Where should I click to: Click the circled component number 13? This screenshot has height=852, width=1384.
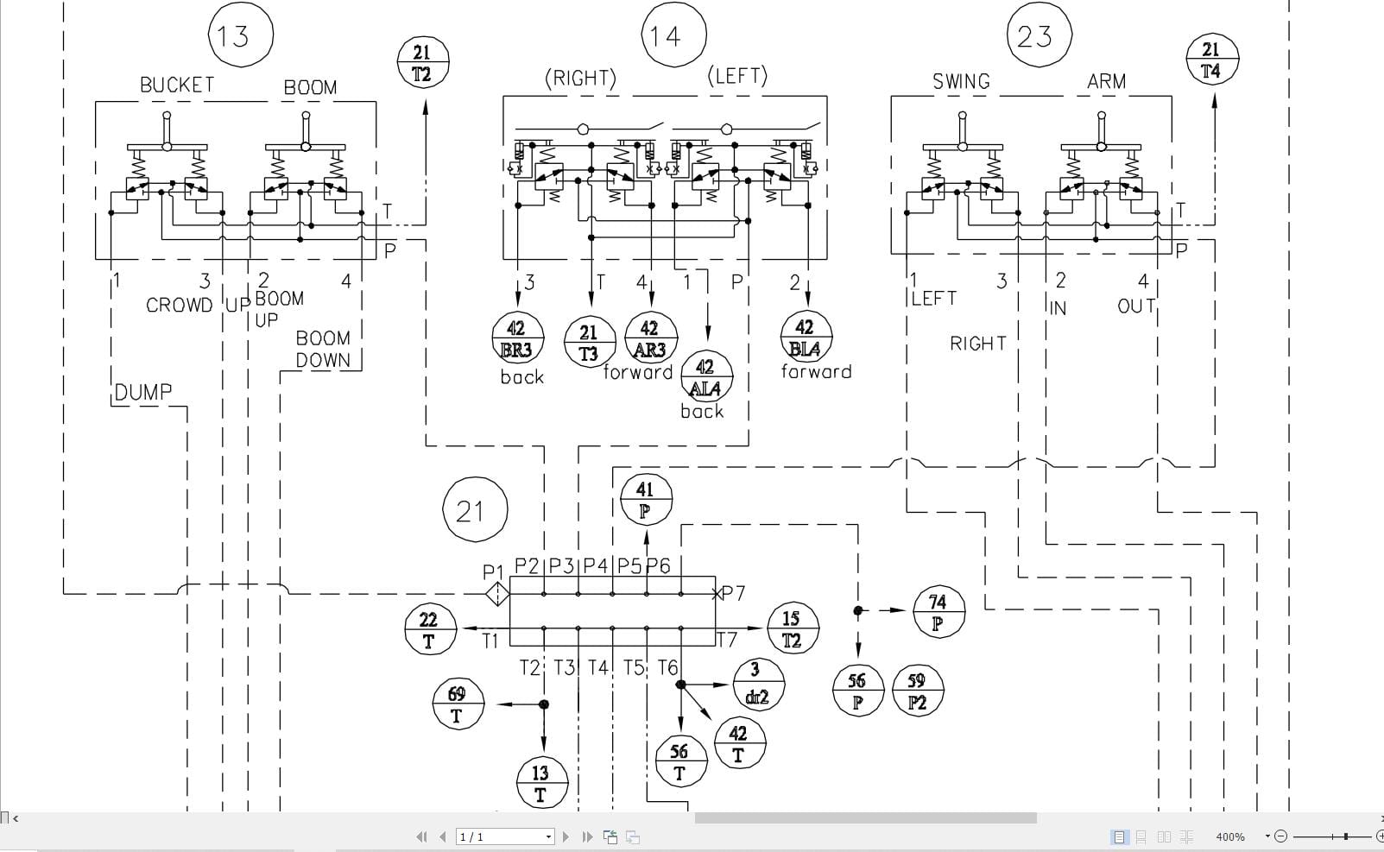click(240, 35)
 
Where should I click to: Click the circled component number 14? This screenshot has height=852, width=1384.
click(673, 35)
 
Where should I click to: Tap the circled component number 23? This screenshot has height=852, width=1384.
click(1040, 35)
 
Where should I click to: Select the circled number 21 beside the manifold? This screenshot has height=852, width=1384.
click(474, 510)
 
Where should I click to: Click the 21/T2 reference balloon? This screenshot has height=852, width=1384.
click(423, 63)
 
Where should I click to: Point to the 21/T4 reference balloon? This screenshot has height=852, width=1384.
click(1212, 60)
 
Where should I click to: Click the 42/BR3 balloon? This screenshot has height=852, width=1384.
click(517, 339)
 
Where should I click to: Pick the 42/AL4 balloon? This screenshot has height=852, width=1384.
click(706, 377)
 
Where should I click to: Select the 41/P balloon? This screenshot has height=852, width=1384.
click(646, 500)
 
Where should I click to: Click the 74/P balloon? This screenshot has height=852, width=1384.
click(938, 611)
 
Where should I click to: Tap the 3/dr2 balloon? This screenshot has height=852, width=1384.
click(757, 683)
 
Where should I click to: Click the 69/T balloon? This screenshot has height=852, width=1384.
click(458, 704)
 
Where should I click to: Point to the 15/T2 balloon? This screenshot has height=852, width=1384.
click(792, 628)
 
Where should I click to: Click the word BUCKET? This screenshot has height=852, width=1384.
click(177, 85)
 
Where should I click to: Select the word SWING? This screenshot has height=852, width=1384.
click(961, 82)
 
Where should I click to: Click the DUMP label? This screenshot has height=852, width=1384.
click(143, 392)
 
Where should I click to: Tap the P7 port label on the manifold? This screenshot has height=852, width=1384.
click(733, 593)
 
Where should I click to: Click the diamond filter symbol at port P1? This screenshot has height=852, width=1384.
click(497, 594)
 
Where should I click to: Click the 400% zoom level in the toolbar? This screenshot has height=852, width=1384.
click(1230, 836)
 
